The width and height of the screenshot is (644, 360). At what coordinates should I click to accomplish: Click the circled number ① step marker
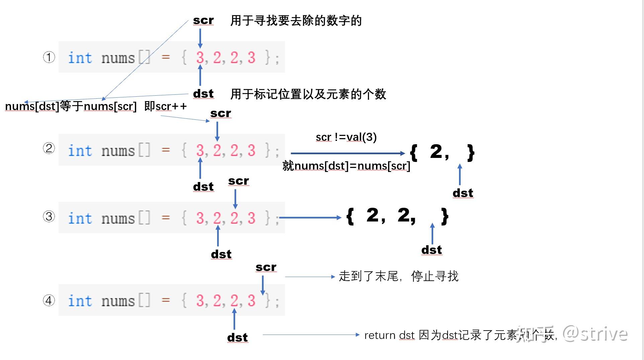coord(49,57)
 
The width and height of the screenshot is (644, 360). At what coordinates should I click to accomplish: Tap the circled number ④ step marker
coord(49,300)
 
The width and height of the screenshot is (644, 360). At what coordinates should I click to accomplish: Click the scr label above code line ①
coord(203,20)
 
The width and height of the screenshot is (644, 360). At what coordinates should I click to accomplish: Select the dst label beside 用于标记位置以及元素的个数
coord(203,94)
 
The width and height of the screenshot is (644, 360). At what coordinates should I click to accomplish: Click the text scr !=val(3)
coord(346,137)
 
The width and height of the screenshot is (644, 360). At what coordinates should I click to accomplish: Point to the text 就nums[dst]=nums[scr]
coord(346,166)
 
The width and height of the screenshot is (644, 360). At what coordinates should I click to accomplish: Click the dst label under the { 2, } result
coord(463,193)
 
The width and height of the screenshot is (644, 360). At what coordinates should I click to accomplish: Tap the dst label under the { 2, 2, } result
coord(432,250)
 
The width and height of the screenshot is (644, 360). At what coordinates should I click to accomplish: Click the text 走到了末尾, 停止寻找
coord(398,276)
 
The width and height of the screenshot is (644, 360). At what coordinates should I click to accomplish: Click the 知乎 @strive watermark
coord(572,334)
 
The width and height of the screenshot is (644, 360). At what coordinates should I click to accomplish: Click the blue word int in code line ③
coord(80,218)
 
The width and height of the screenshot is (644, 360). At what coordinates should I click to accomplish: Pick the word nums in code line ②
coord(118,151)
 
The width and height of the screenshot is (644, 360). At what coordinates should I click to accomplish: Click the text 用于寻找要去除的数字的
coord(296,21)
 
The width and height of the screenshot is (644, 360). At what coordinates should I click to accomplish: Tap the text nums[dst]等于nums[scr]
coord(71,106)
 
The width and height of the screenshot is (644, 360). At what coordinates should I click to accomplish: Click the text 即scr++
coord(165,106)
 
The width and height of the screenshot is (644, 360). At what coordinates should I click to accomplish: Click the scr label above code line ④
coord(266,267)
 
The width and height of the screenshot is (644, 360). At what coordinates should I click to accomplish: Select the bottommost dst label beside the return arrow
coord(237,337)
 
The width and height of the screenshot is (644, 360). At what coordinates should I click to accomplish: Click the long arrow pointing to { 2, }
coord(348,153)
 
